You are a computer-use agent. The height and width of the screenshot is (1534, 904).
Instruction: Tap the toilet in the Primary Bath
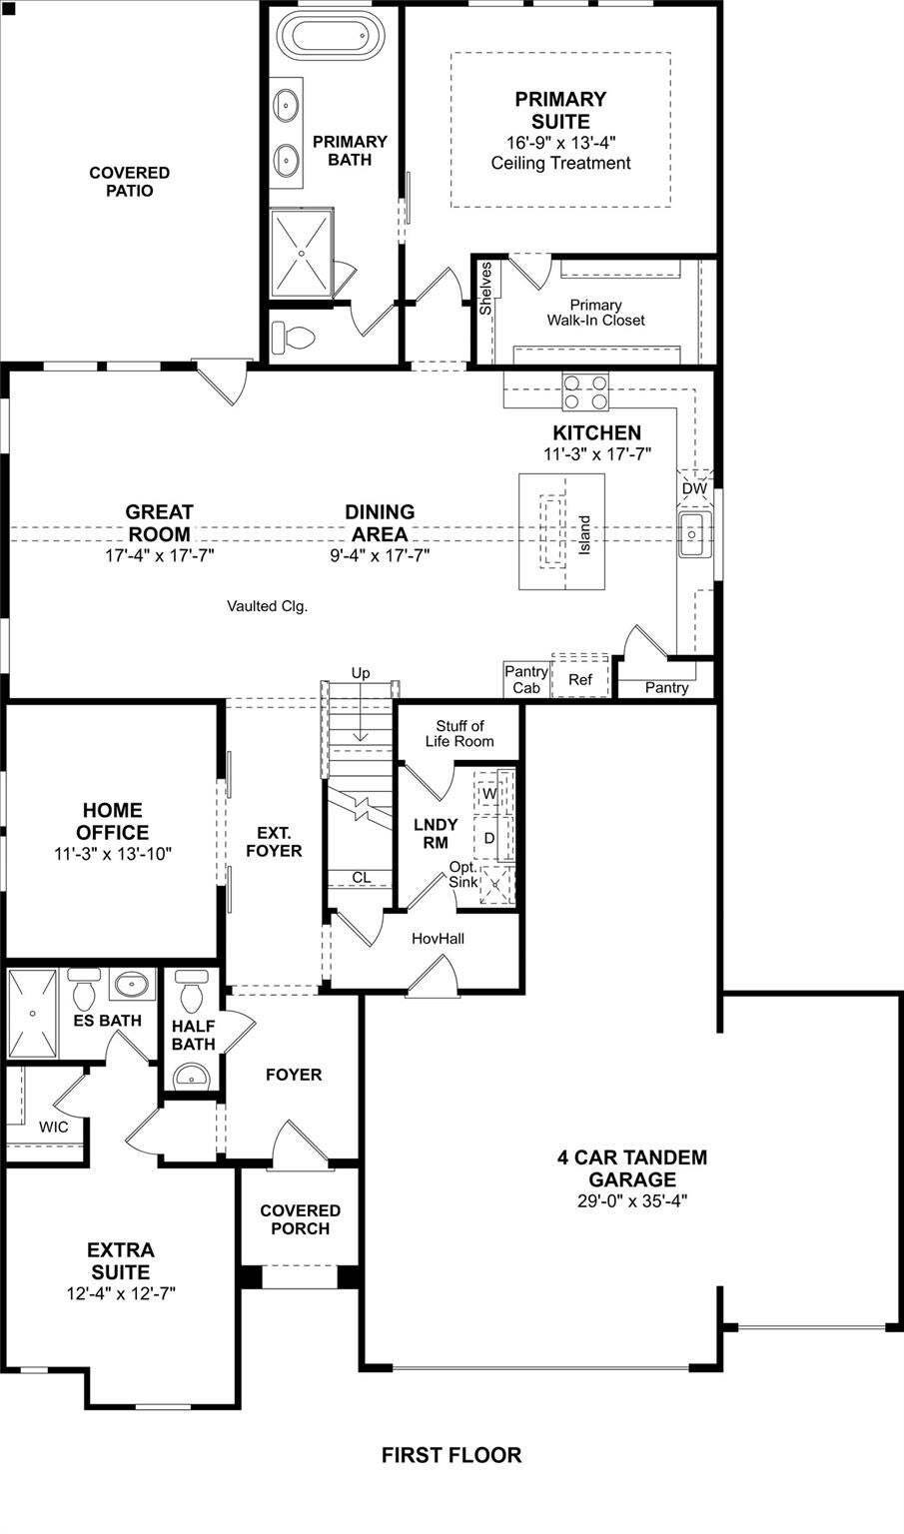[x=293, y=337]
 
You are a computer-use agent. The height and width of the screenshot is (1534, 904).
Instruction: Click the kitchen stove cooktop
[x=585, y=391]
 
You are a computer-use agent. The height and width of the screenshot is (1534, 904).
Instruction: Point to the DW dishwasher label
[x=694, y=488]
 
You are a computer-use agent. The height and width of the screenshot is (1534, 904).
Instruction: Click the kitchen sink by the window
[x=694, y=534]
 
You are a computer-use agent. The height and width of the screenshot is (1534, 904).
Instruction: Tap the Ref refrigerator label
[x=580, y=679]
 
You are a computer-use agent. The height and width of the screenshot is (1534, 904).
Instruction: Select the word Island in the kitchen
[x=583, y=535]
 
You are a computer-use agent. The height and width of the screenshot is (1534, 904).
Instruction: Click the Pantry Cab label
[x=526, y=679]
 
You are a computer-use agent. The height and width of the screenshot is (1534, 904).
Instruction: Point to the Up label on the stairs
[x=361, y=673]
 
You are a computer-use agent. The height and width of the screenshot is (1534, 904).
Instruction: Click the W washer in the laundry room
[x=489, y=793]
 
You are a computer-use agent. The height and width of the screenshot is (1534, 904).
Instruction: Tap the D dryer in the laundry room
[x=489, y=838]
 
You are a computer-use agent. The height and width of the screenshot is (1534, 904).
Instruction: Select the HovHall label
[x=438, y=938]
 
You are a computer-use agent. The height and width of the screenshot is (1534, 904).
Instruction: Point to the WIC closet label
[x=53, y=1127]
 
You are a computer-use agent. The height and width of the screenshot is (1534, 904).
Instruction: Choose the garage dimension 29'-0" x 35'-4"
[x=632, y=1200]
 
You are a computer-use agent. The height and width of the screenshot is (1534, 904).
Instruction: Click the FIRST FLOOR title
[x=452, y=1454]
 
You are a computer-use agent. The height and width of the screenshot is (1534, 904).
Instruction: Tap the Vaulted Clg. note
[x=267, y=606]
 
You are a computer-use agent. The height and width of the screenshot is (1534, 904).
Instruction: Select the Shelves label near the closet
[x=485, y=289]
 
